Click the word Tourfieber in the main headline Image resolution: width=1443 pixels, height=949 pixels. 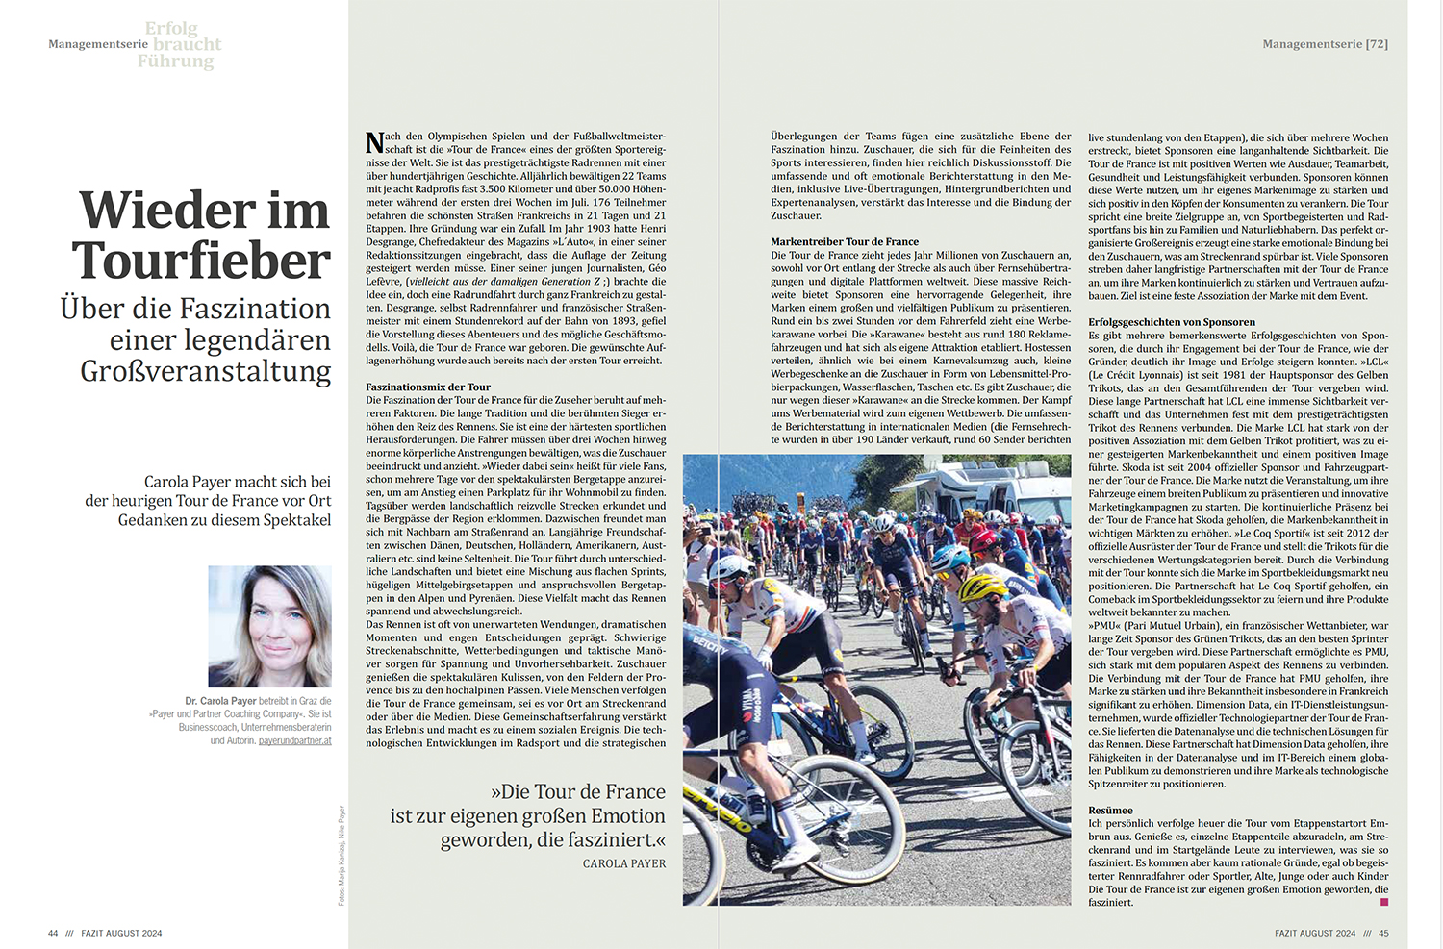[201, 261]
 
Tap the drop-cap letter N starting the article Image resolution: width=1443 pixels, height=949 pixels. [374, 143]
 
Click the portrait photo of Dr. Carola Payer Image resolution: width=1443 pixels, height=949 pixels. [269, 626]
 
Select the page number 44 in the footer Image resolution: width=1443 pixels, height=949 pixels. [53, 933]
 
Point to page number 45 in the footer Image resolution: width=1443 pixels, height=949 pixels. [1383, 933]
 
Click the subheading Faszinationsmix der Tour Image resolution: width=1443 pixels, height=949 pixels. [428, 387]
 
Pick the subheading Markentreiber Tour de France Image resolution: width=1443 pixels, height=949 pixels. [844, 241]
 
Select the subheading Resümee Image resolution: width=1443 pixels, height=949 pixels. [1110, 810]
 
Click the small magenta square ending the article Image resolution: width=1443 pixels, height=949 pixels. [1383, 902]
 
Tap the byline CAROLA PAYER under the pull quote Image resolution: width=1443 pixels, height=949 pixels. [623, 863]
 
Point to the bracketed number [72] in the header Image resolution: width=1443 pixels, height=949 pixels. [1377, 44]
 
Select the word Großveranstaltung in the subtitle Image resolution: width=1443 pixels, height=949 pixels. [205, 371]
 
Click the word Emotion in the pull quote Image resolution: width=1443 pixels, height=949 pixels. [616, 815]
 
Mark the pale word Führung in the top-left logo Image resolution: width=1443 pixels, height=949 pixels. [175, 61]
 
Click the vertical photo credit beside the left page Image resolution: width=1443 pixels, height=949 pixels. [342, 856]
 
